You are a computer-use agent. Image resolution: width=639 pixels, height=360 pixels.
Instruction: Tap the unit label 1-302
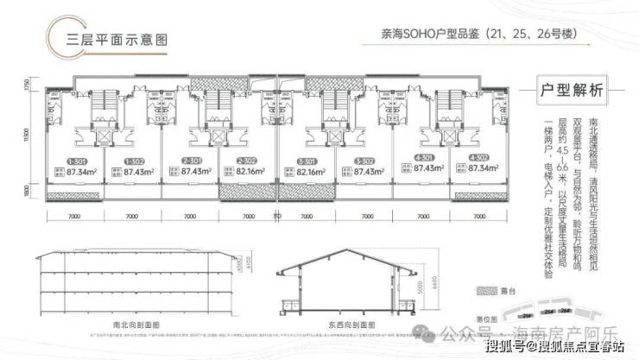click(x=134, y=161)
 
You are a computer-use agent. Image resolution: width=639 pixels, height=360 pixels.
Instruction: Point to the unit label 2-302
click(x=248, y=161)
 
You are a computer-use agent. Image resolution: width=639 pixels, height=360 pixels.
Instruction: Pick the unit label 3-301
click(x=306, y=161)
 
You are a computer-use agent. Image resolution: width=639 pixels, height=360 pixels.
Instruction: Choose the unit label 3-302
click(x=364, y=161)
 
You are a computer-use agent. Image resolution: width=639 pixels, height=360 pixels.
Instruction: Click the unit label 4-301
click(x=421, y=161)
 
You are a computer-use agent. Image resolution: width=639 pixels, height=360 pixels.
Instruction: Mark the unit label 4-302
click(x=479, y=161)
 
